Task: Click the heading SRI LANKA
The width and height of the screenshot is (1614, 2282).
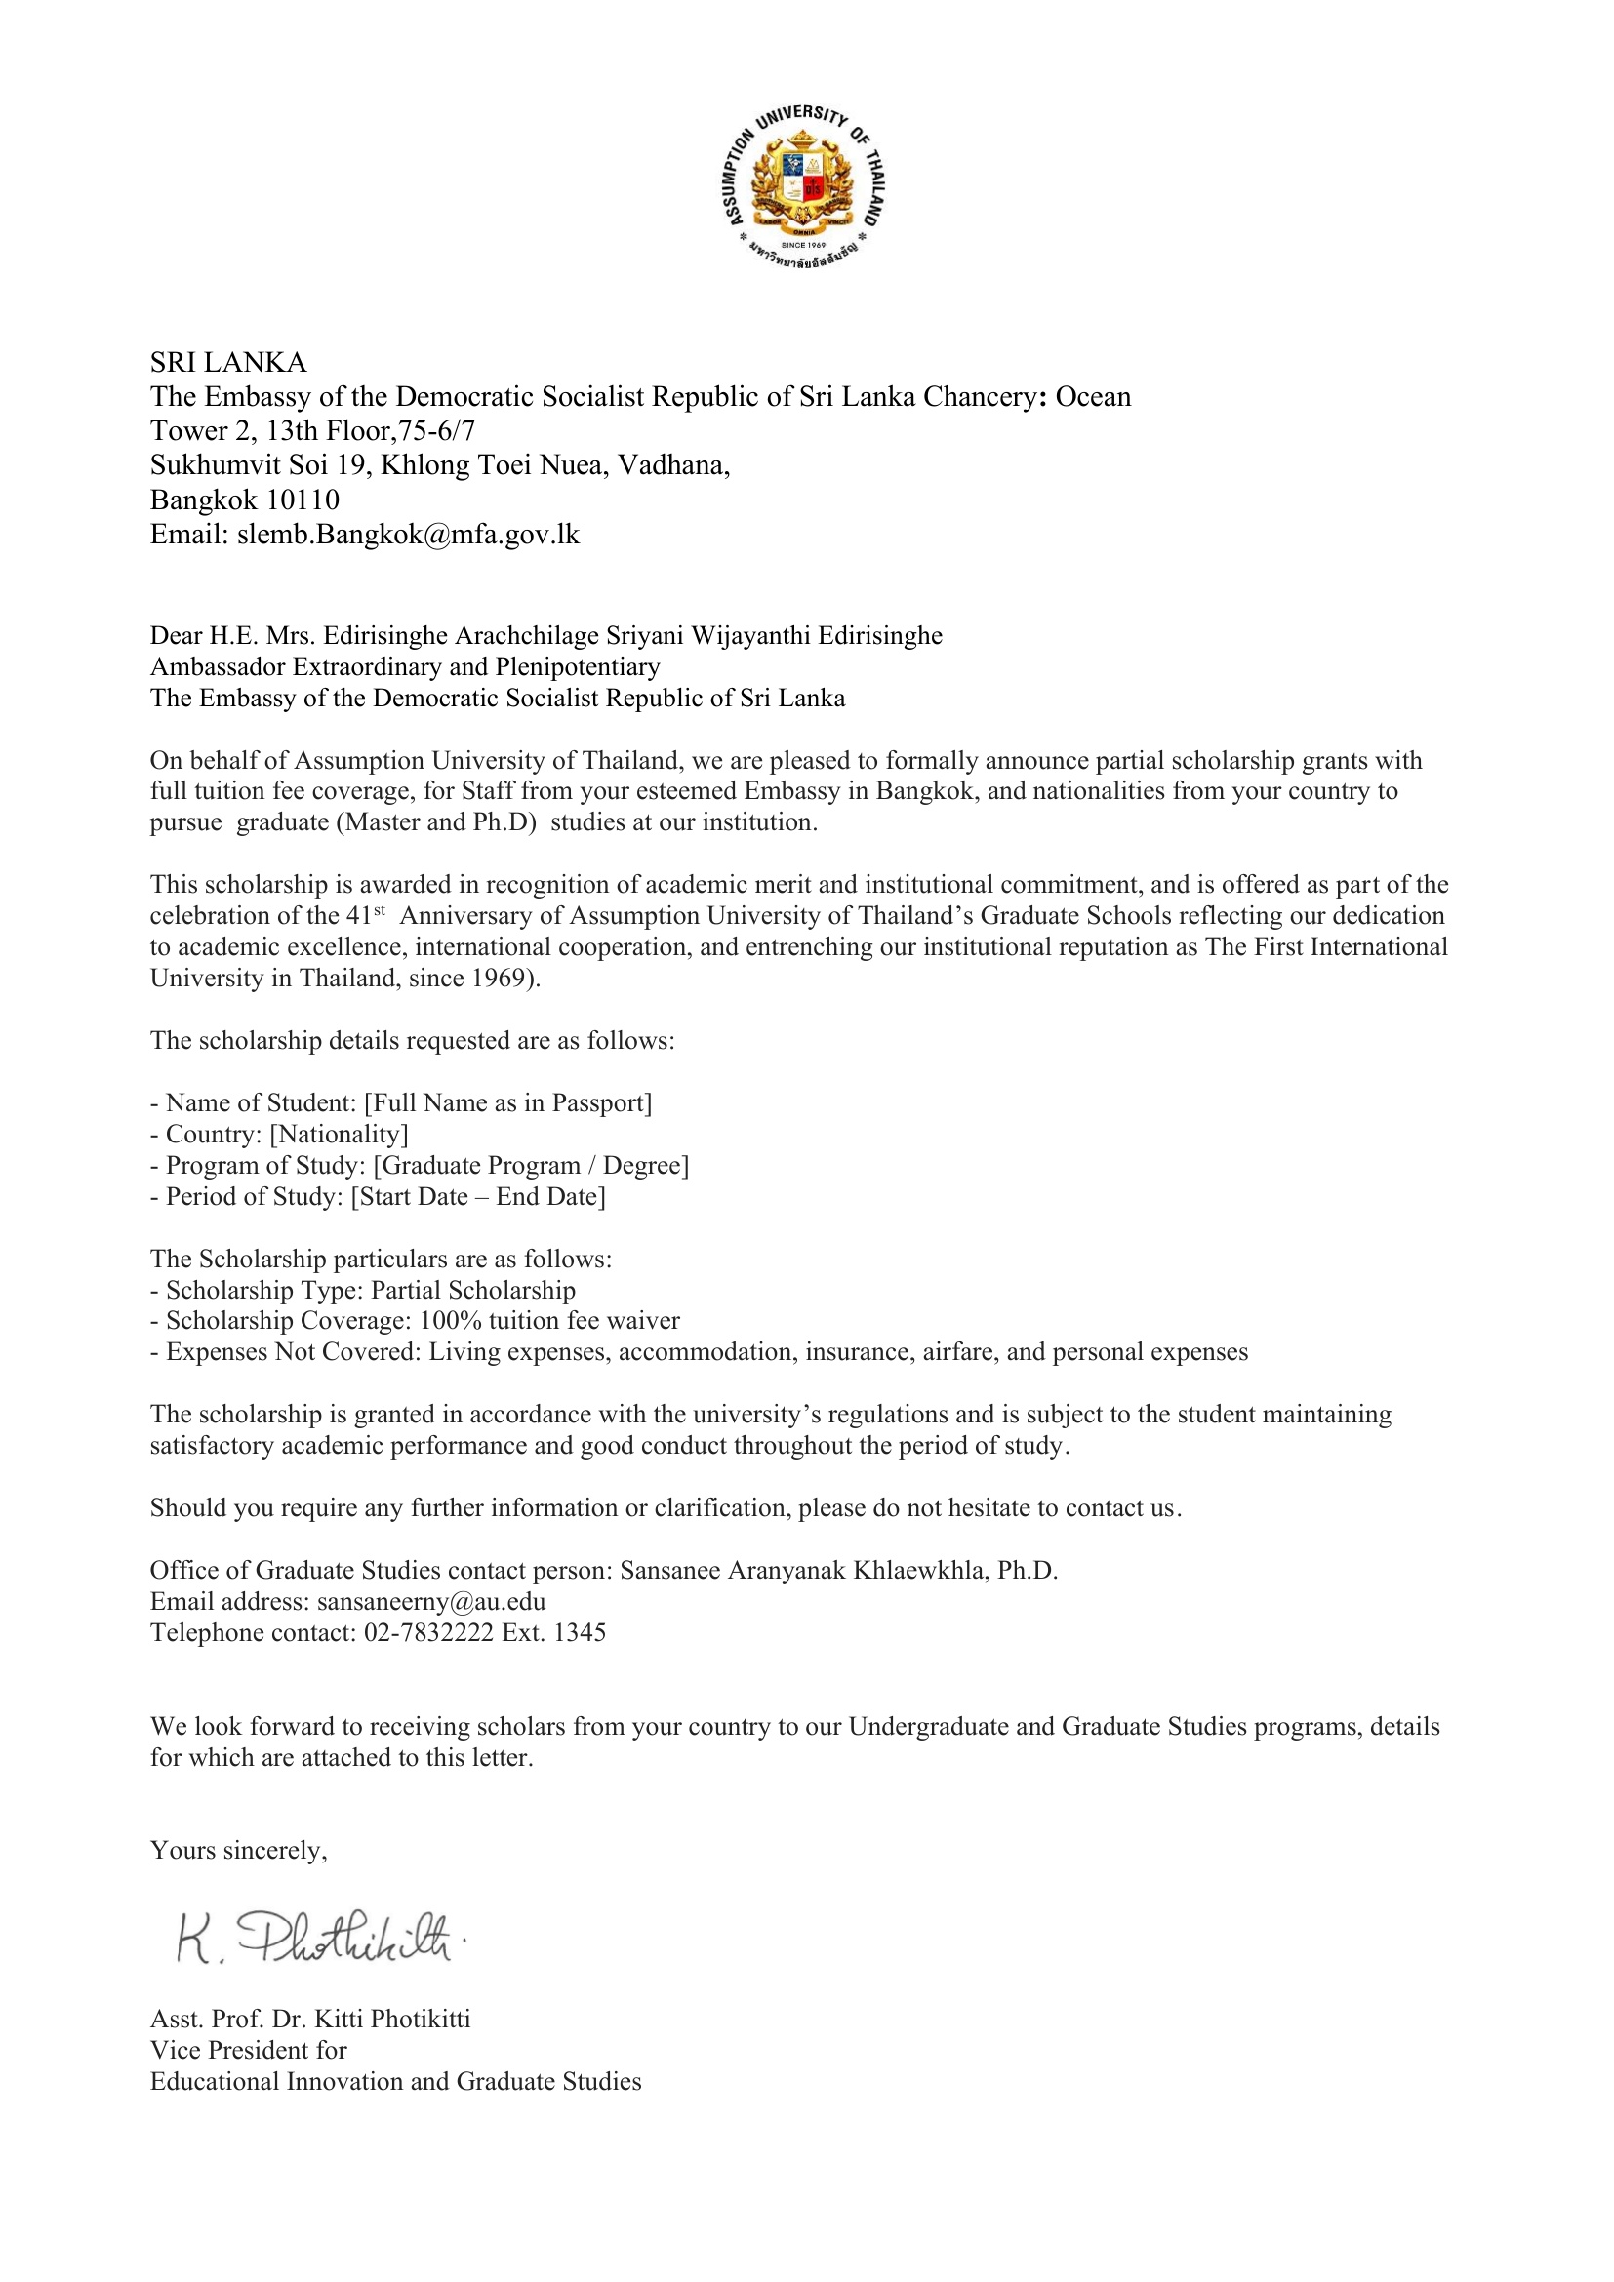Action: pos(228,362)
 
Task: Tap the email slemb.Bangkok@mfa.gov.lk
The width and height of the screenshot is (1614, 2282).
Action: pos(408,535)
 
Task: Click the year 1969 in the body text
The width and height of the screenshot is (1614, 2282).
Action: pos(498,978)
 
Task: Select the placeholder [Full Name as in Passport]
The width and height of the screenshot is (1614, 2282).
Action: pos(507,1103)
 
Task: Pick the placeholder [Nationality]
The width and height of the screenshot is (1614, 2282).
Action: pos(339,1134)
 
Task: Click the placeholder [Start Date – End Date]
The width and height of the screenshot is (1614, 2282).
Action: pos(478,1197)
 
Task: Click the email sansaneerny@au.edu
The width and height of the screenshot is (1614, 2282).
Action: pos(431,1601)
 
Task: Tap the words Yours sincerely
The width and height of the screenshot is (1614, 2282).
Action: pos(238,1850)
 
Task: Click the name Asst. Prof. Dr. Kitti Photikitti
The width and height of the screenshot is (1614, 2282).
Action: pos(310,2020)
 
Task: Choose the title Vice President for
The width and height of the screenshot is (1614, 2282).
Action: pos(249,2051)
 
